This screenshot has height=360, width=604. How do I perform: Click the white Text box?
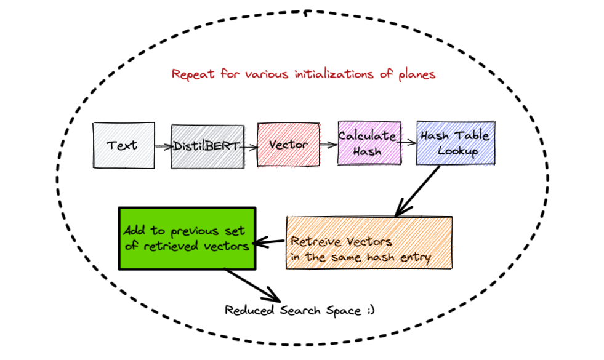click(123, 145)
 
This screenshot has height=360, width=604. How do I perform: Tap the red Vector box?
click(288, 145)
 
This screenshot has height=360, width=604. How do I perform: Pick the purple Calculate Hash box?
click(368, 143)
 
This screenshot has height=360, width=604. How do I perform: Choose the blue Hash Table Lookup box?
click(455, 143)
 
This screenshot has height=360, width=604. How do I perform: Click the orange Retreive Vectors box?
click(369, 242)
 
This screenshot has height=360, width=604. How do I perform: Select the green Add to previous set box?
click(186, 238)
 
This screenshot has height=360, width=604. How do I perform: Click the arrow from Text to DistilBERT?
click(163, 146)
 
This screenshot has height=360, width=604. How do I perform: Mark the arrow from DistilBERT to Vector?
click(248, 146)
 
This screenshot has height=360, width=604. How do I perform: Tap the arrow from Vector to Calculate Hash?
click(329, 145)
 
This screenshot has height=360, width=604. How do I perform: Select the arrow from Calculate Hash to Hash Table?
click(409, 143)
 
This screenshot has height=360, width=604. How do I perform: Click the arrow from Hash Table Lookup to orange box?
click(419, 190)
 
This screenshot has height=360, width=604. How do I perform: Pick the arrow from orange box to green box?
click(270, 242)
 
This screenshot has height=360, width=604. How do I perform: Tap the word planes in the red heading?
click(417, 74)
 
